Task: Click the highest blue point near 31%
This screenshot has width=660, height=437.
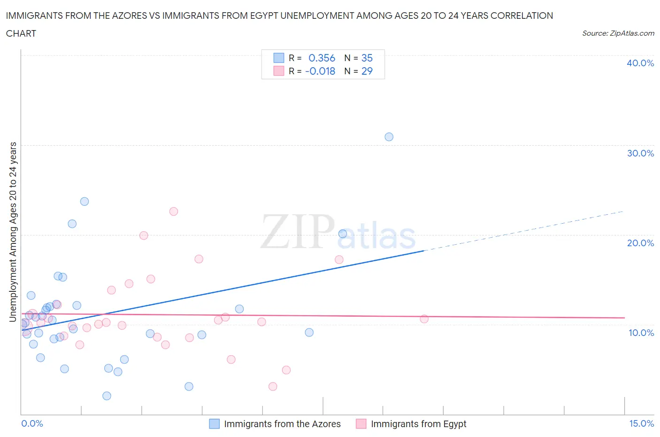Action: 389,137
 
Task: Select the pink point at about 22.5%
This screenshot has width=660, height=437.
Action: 174,211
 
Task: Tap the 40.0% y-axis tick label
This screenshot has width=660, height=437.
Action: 640,63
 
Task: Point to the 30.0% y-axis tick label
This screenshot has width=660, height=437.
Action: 640,153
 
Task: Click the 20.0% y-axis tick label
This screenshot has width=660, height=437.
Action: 640,243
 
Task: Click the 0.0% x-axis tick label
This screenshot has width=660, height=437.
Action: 32,423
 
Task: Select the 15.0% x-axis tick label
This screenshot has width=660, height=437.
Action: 641,423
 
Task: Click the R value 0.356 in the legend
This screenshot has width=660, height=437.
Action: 322,58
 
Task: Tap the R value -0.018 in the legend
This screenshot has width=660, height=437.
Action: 320,71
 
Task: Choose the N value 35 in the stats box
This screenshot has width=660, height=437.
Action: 367,58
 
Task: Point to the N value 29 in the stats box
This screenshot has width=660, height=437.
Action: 367,71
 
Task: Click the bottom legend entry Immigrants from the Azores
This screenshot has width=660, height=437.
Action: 282,424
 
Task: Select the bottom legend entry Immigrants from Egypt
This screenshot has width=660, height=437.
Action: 418,424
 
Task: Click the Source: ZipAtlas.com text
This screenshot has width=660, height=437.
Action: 618,33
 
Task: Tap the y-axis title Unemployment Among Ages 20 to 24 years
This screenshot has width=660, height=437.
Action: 13,232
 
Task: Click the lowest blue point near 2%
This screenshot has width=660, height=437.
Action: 107,396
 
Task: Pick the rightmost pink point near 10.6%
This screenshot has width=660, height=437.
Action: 424,319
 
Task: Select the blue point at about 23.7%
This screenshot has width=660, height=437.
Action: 84,202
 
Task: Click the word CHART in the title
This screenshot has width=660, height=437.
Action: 21,33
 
